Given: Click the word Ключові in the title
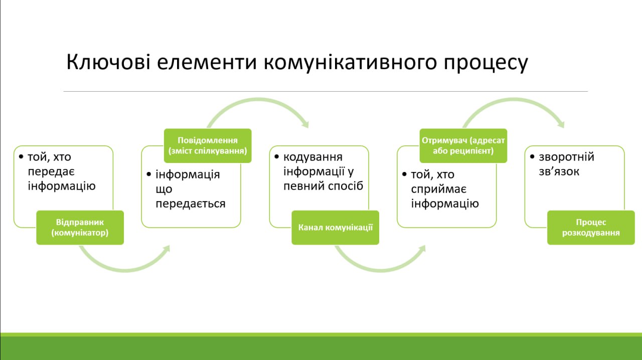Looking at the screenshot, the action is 108,62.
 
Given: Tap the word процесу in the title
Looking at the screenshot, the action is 486,64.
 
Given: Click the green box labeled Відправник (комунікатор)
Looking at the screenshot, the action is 80,228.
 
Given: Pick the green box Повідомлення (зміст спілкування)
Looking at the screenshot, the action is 208,145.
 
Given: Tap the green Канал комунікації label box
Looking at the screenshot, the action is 336,228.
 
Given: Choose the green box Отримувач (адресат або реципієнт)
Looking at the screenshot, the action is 463,145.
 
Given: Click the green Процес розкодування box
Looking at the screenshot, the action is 591,228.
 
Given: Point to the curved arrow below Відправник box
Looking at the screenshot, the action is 125,270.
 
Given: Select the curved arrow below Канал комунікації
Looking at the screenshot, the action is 381,270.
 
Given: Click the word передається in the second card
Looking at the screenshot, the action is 191,204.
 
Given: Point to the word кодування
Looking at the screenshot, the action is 312,157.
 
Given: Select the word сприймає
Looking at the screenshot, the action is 439,190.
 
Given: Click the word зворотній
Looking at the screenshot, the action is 567,157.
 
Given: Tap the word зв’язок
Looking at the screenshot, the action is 559,171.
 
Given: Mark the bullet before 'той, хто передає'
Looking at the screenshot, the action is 21,157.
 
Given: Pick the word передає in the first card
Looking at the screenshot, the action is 51,171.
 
